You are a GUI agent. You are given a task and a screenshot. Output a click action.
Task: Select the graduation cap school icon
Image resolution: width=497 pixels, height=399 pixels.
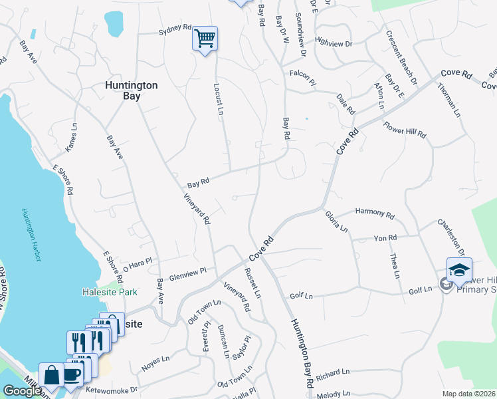pos(458,269)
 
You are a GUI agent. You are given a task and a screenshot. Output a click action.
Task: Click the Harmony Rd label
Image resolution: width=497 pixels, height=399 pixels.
pos(375,213)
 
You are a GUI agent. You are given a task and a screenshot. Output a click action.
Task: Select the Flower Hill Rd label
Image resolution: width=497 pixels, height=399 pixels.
pos(404,129)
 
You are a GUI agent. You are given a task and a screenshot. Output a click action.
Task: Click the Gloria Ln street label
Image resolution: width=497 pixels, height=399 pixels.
pos(336,220)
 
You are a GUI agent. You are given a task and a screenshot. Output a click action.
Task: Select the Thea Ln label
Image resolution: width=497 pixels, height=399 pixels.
pos(394,265)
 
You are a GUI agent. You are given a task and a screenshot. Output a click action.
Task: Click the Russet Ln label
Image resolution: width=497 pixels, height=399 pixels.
pos(252,283)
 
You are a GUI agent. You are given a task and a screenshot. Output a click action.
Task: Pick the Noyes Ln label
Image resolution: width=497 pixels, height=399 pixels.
pos(156,366)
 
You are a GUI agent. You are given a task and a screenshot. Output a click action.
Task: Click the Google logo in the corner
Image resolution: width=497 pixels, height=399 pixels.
pos(21,391)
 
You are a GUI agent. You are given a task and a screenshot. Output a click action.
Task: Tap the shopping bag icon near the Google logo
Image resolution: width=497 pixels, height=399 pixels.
pos(51,374)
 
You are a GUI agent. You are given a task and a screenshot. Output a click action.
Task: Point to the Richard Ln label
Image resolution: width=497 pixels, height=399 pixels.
pos(333,374)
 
